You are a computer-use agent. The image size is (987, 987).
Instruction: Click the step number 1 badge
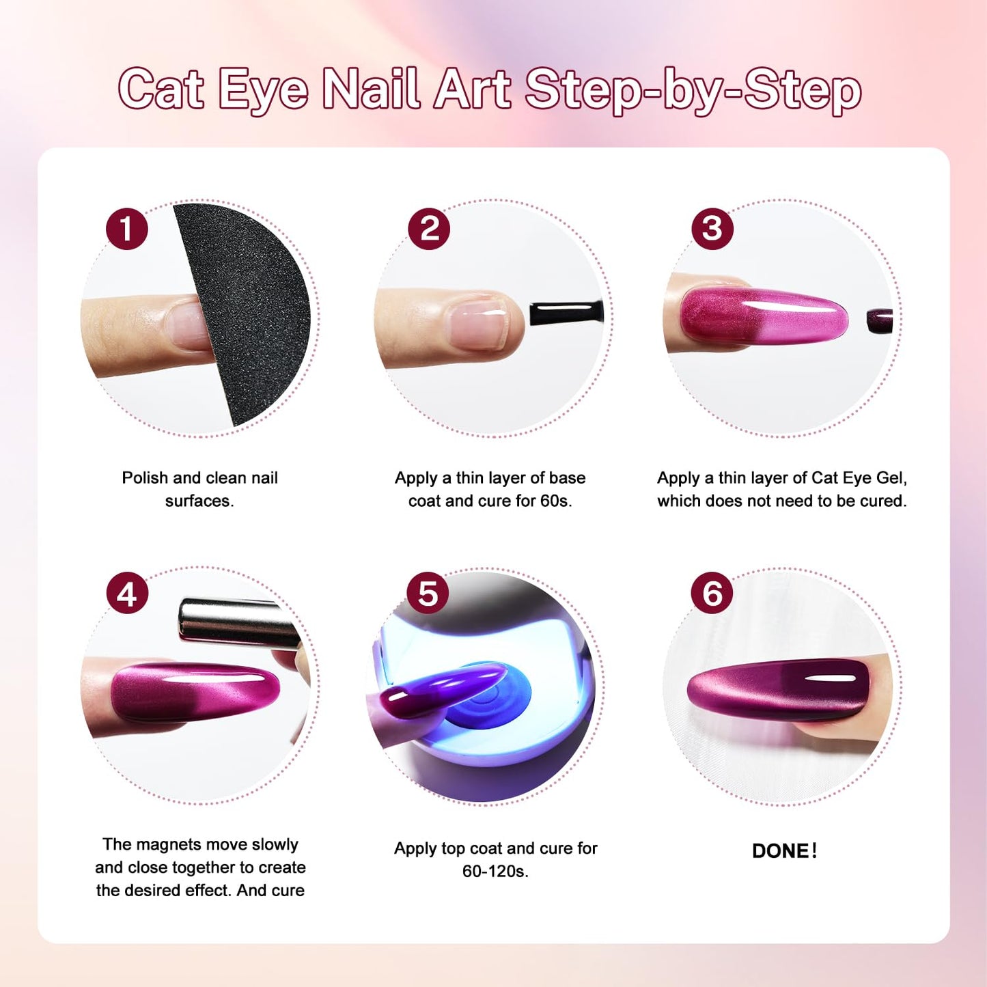pos(127,229)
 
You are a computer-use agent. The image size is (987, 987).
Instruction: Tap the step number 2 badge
pos(429,229)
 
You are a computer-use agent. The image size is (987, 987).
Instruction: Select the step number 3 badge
pos(712,229)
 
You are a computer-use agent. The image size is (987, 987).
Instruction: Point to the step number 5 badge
pos(428,593)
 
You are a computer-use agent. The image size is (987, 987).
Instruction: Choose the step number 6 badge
pos(712,593)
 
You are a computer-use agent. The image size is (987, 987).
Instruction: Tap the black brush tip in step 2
pos(566,314)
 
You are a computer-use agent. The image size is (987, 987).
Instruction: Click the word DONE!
pos(784,851)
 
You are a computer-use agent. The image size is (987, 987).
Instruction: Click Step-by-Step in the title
pos(693,90)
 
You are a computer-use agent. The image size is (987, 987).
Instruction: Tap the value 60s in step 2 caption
pos(555,501)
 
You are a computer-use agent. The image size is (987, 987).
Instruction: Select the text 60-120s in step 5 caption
pos(495,872)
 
